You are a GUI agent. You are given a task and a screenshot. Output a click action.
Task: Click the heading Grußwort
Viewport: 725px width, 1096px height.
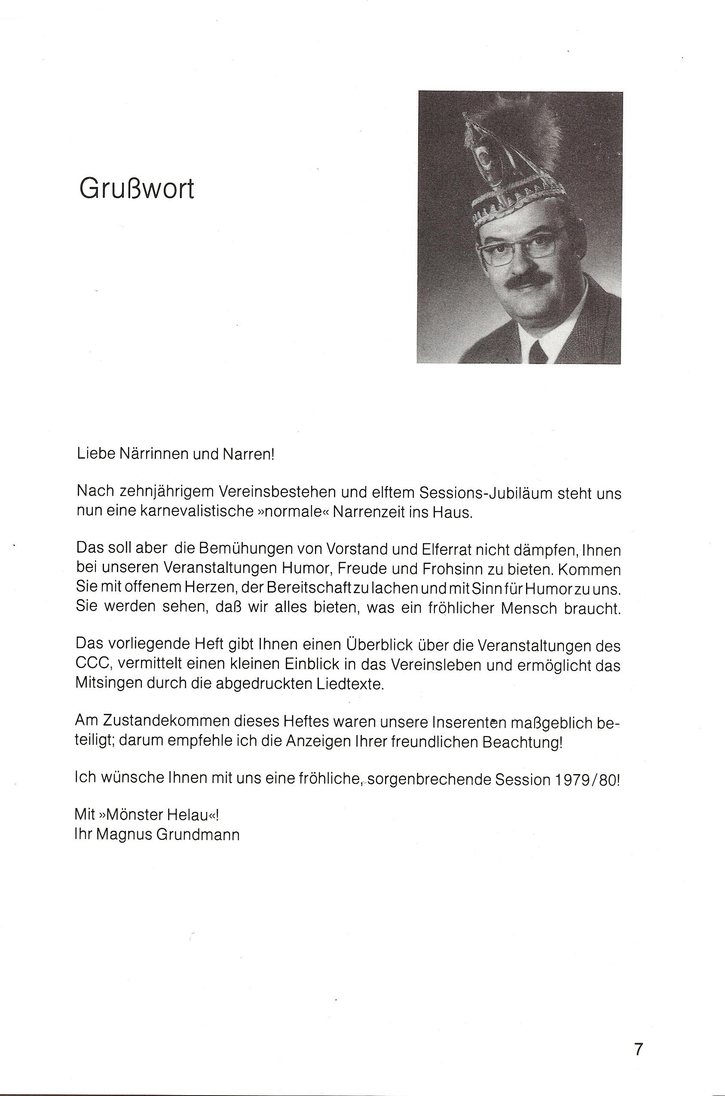(137, 189)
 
